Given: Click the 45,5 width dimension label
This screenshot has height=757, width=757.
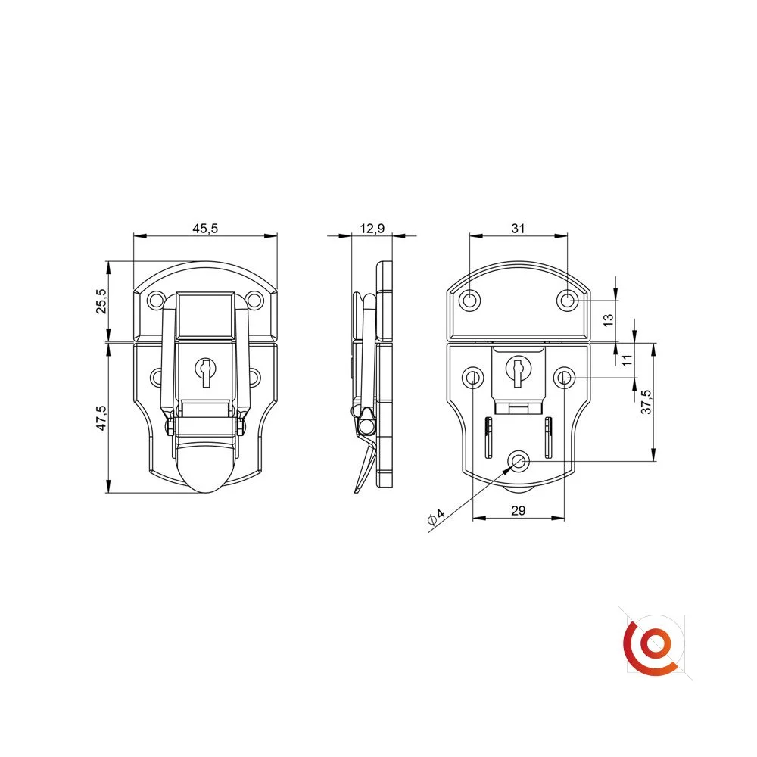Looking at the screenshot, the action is pos(205,229).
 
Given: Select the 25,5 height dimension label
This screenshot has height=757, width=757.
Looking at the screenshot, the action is pos(101,301).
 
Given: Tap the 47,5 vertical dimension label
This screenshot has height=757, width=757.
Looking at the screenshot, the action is pos(101,418).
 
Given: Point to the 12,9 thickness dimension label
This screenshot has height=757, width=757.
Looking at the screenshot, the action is pos(372,229).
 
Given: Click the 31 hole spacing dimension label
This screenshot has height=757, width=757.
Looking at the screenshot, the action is pos(518,229).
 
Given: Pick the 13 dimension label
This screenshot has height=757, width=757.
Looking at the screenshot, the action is pos(609,319).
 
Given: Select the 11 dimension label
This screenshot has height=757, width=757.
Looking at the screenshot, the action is pos(627,360).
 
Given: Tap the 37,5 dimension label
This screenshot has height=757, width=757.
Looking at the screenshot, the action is pos(646,402).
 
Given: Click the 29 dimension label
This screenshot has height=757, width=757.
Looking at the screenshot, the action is pos(518,510).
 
